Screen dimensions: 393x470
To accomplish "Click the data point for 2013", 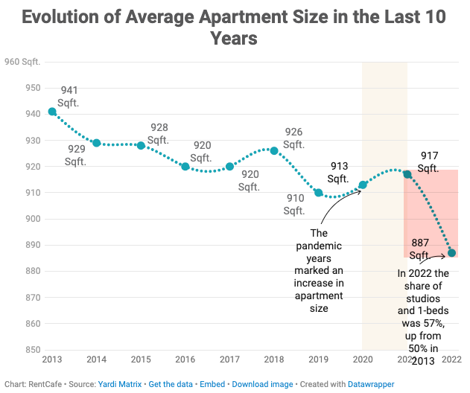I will click(52, 112).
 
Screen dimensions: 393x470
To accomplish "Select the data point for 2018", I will click(274, 150).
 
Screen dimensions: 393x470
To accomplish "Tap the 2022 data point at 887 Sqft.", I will click(451, 253).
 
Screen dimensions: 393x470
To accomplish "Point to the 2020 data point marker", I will click(363, 185).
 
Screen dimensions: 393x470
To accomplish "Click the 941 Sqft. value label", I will click(69, 96).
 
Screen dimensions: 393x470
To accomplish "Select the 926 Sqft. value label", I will click(293, 138).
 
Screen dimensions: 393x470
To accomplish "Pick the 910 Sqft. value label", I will click(294, 205).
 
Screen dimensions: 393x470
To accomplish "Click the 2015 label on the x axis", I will click(141, 360).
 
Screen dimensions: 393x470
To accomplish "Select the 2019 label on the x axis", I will click(318, 360).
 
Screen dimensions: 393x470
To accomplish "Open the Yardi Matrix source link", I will click(120, 384).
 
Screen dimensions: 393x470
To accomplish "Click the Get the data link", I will click(174, 384).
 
